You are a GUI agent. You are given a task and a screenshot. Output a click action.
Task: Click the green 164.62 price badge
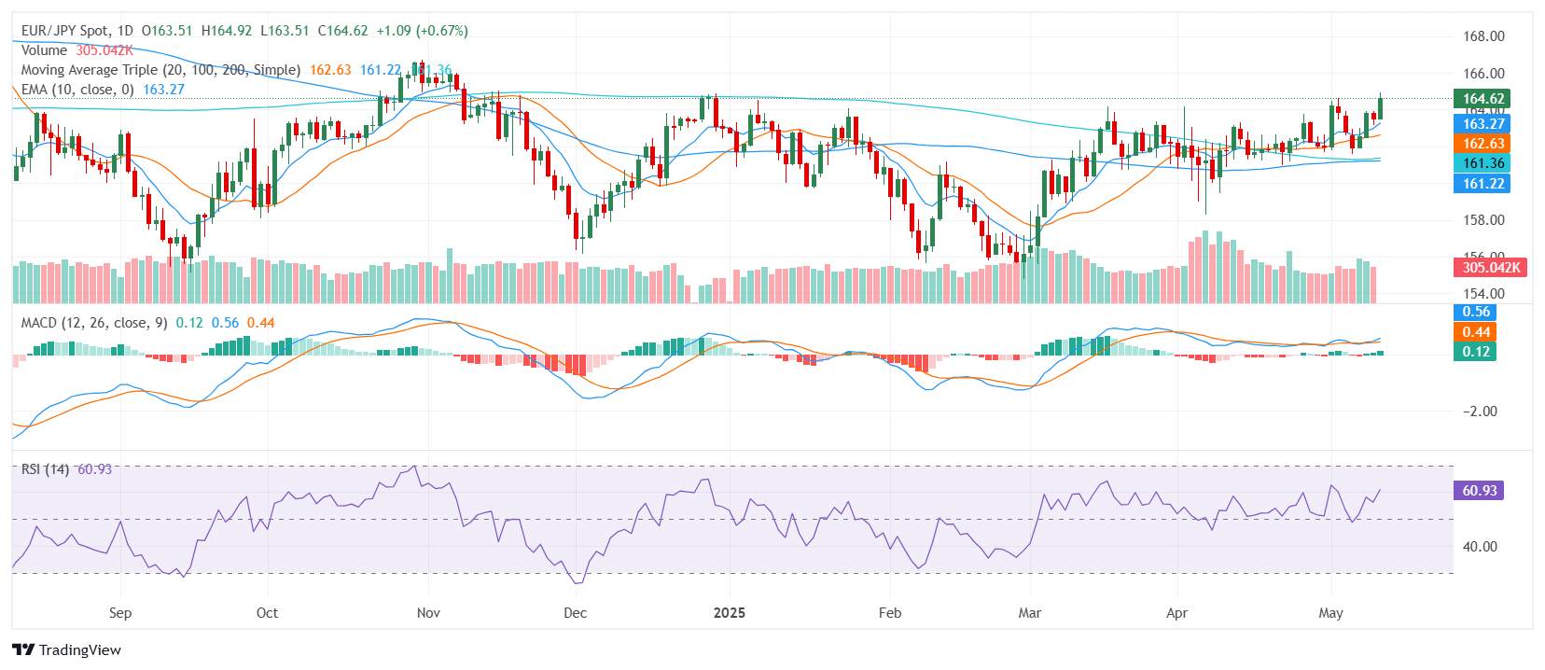(1482, 99)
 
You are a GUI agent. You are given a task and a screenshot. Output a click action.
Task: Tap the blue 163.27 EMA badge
(1482, 124)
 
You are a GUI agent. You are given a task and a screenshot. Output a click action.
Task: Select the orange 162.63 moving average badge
(1482, 144)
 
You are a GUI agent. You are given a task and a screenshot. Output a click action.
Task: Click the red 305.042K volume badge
(1490, 268)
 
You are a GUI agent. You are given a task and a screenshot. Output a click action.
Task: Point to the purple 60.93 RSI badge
(1479, 491)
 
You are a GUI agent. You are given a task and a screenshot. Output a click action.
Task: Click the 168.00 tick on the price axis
(1482, 36)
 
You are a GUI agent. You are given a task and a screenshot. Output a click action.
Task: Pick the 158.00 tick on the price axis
(1482, 220)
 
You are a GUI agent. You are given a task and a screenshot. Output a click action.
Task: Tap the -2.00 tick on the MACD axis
(1479, 412)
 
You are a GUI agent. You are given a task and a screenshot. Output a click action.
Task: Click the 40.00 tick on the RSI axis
(1479, 547)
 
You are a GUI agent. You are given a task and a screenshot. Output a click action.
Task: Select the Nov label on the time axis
(428, 613)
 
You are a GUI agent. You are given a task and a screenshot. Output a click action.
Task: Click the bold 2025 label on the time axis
(729, 613)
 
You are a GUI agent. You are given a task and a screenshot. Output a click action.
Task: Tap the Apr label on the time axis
(1176, 613)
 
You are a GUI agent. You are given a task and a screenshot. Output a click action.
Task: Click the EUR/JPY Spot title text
(64, 31)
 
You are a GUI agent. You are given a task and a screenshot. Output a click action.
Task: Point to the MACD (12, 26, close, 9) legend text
(94, 323)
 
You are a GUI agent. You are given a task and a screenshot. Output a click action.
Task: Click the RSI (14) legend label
(45, 469)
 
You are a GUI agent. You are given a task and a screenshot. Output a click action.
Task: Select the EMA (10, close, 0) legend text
(77, 90)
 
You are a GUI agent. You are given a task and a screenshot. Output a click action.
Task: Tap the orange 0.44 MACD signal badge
(1475, 332)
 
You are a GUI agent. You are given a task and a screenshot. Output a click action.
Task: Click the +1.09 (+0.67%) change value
(422, 31)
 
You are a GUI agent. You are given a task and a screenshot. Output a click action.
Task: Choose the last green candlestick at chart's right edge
(1380, 108)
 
